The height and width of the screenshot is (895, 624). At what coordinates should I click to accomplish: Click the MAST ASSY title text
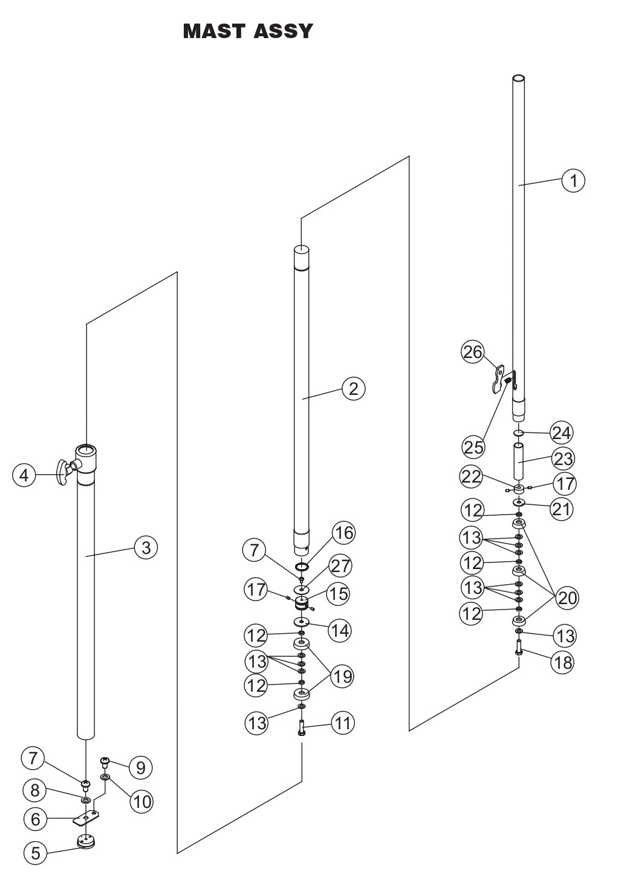click(248, 31)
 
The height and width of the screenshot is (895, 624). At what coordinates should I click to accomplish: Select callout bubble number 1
click(573, 180)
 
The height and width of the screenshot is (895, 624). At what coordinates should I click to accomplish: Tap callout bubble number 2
click(353, 388)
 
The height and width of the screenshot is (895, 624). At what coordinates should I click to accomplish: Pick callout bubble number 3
click(146, 548)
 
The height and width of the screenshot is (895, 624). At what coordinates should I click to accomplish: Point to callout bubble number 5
click(35, 853)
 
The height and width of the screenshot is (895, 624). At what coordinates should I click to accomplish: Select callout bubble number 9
click(140, 768)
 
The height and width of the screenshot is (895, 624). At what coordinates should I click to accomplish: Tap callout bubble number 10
click(142, 802)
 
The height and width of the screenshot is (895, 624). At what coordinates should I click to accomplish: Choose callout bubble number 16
click(343, 533)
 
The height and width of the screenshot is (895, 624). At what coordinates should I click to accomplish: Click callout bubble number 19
click(342, 675)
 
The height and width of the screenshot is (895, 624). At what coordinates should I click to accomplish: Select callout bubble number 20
click(567, 598)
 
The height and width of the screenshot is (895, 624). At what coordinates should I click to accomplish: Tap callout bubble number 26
click(473, 352)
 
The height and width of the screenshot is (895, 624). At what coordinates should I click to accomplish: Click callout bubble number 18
click(562, 662)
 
